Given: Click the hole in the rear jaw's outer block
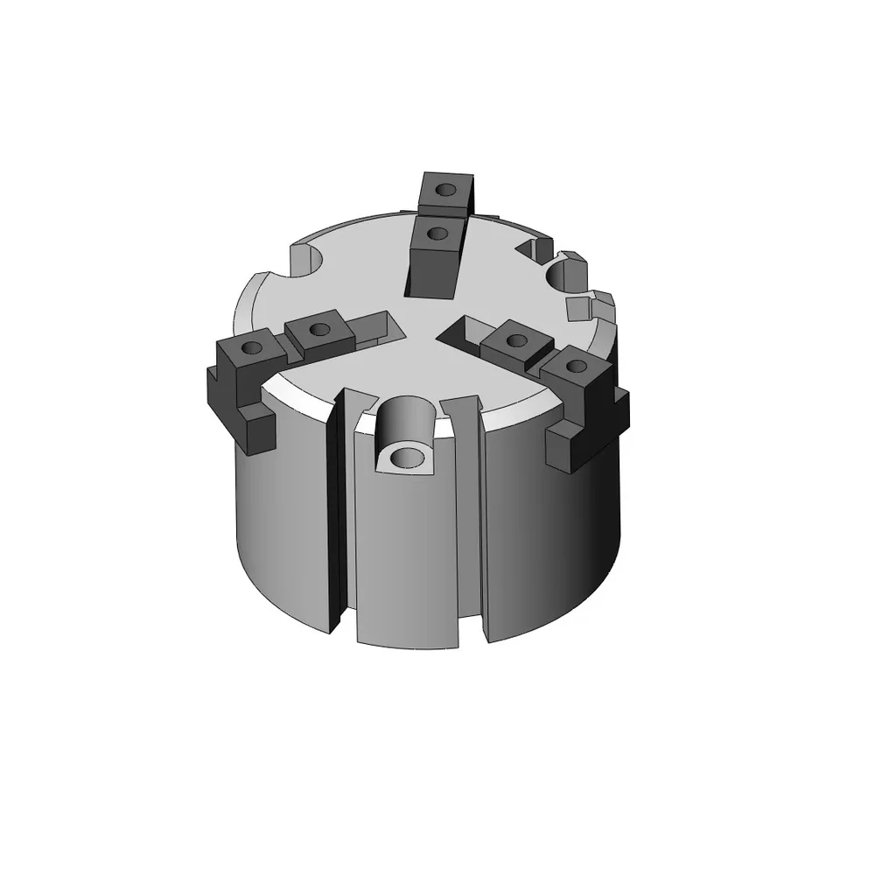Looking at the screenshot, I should click(x=446, y=189).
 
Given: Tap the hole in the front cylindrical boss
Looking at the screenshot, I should click(x=405, y=457).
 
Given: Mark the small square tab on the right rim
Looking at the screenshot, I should click(x=578, y=306).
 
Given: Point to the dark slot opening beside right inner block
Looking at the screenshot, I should click(x=458, y=331).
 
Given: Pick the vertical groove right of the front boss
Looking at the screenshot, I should click(x=471, y=516).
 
